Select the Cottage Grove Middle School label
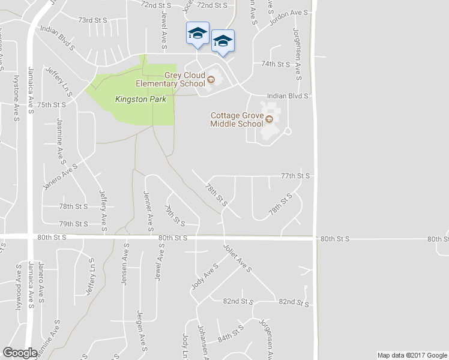pyautogui.click(x=237, y=119)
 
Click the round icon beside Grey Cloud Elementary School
pyautogui.click(x=211, y=79)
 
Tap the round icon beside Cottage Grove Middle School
pyautogui.click(x=269, y=119)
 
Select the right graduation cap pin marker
pyautogui.click(x=223, y=40)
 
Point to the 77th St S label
pyautogui.click(x=295, y=176)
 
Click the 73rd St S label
pyautogui.click(x=92, y=20)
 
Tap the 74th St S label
pyautogui.click(x=275, y=64)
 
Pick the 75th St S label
pyautogui.click(x=50, y=104)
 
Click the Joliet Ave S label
pyautogui.click(x=237, y=258)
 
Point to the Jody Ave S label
pyautogui.click(x=204, y=277)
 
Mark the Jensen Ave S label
pyautogui.click(x=125, y=264)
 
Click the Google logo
pyautogui.click(x=20, y=353)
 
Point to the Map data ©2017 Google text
pyautogui.click(x=411, y=355)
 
